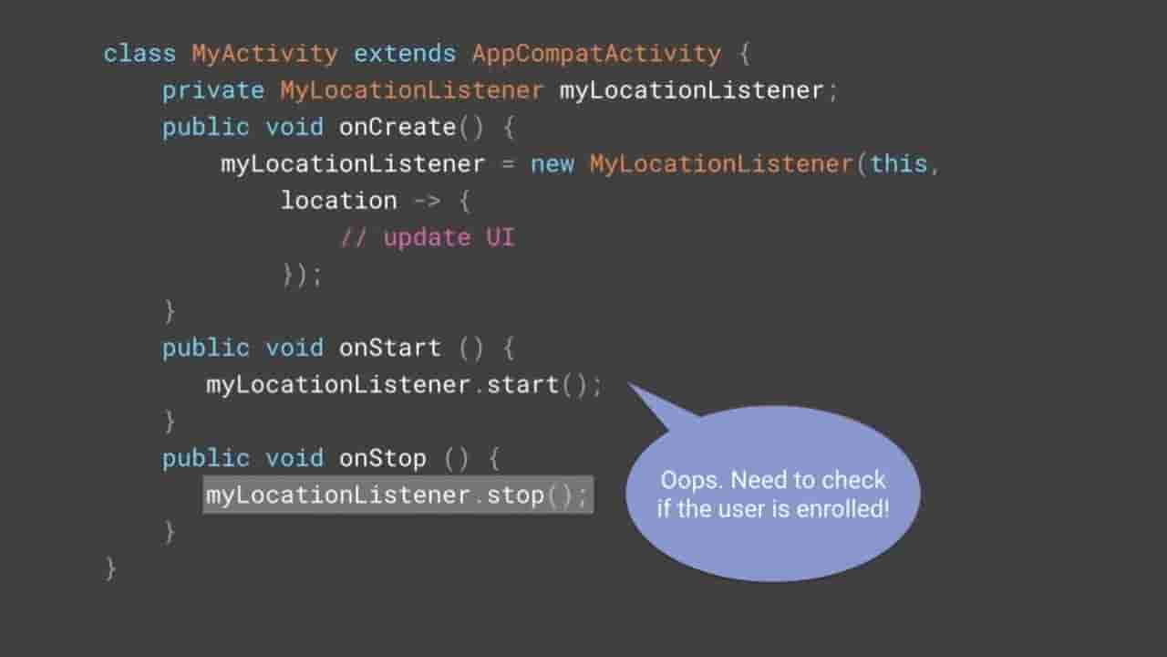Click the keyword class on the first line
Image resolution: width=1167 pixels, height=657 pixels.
[x=139, y=54]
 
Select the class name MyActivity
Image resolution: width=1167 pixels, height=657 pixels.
[x=264, y=54]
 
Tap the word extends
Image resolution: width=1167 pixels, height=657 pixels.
[x=405, y=54]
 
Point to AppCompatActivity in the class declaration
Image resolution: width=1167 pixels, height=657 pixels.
[x=596, y=54]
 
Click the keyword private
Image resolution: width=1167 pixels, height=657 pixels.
[x=213, y=90]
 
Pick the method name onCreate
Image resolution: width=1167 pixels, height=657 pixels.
[x=397, y=127]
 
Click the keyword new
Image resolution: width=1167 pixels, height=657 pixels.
[x=553, y=164]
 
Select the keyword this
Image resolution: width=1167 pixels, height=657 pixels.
[x=899, y=164]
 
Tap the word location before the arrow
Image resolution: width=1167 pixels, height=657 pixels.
[x=338, y=201]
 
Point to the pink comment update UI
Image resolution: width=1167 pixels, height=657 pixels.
[x=428, y=238]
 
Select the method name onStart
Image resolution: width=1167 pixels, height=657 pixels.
[x=389, y=348]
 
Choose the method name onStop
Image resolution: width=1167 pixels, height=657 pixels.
[x=382, y=458]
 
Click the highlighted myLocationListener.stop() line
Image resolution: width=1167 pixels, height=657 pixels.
[x=398, y=495]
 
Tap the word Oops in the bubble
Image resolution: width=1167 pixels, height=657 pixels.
[x=692, y=480]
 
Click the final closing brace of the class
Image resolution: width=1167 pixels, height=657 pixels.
[x=110, y=568]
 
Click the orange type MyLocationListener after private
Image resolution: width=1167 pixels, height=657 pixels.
[x=411, y=90]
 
